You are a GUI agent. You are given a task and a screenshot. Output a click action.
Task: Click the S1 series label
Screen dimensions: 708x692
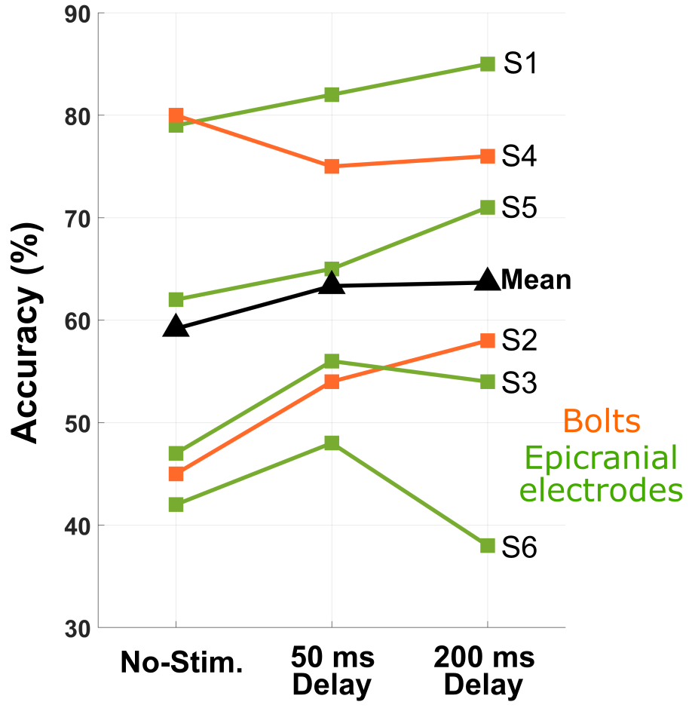(x=521, y=64)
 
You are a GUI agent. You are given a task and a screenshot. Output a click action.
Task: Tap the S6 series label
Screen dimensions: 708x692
(x=521, y=547)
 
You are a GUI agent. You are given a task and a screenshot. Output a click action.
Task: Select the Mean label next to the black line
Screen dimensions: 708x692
(x=536, y=280)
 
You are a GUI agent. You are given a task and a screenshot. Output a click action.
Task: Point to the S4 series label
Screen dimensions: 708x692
(x=521, y=157)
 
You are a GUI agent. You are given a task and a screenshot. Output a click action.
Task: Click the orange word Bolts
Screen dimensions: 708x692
(x=602, y=421)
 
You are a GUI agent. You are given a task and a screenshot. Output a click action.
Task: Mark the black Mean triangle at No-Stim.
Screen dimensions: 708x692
(x=176, y=326)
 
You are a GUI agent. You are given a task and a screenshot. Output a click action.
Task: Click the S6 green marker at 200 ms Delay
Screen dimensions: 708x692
(x=488, y=545)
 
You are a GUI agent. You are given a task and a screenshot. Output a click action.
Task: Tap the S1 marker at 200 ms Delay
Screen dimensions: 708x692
(x=488, y=64)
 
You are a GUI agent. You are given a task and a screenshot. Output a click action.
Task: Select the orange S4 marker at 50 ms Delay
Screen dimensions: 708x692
(x=332, y=167)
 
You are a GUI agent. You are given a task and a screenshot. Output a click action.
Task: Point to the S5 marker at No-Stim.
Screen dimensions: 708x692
(x=176, y=299)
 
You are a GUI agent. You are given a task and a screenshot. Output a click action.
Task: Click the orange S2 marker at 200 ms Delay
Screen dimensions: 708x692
(x=488, y=341)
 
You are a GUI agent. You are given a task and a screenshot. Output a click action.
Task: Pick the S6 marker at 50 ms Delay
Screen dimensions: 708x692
(x=332, y=443)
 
